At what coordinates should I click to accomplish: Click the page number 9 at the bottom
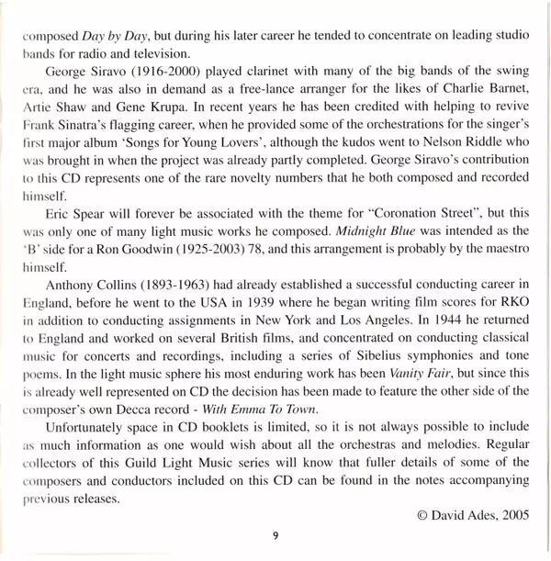(x=275, y=537)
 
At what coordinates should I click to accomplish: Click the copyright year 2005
(x=512, y=515)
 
